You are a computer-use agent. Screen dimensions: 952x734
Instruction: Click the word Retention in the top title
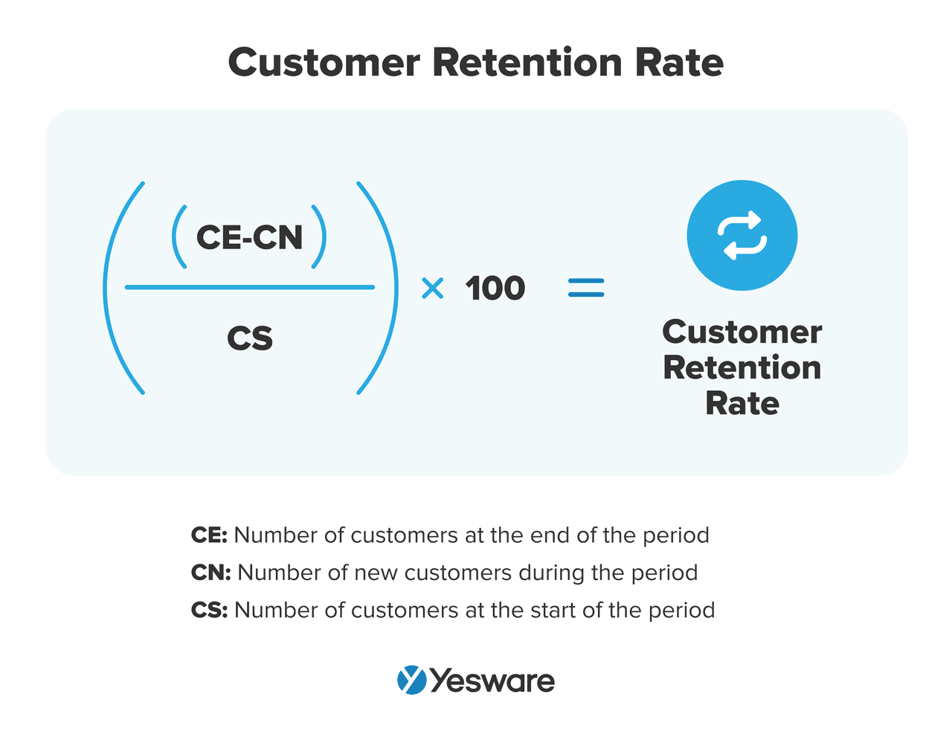point(527,62)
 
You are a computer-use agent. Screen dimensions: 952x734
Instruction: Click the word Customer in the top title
point(324,62)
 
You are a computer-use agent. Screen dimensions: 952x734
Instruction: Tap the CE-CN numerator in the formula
point(249,237)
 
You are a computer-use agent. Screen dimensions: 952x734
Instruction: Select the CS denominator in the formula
point(250,338)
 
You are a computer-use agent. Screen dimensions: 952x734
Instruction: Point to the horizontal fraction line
point(250,287)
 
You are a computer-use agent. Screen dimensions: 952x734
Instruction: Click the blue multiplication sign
point(432,288)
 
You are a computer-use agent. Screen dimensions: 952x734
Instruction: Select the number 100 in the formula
point(495,288)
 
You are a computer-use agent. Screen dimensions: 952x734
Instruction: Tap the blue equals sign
point(586,288)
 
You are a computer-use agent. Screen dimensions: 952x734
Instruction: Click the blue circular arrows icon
point(742,235)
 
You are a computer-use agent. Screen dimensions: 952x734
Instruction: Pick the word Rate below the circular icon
point(742,403)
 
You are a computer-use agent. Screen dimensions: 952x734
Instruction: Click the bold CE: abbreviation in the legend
point(209,535)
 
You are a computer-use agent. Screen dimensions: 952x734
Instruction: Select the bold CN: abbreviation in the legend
point(210,573)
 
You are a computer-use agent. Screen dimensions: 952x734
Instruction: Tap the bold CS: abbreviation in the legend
point(210,610)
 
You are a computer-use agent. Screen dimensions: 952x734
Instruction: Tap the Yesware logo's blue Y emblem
point(411,680)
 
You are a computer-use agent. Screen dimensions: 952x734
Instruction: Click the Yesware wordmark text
point(492,680)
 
